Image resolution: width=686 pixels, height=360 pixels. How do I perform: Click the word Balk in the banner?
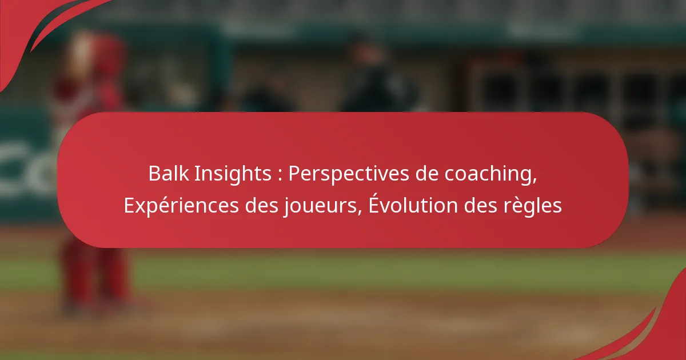(x=169, y=173)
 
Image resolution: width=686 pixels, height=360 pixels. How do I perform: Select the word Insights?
(x=233, y=174)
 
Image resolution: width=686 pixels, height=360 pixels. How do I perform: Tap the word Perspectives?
(x=349, y=174)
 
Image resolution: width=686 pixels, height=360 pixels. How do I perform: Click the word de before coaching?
(x=426, y=173)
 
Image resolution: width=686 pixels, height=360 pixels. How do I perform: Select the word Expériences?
(x=181, y=205)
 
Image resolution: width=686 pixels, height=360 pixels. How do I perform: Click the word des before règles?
(x=481, y=205)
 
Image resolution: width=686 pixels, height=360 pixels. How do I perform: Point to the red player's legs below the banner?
(x=95, y=275)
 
